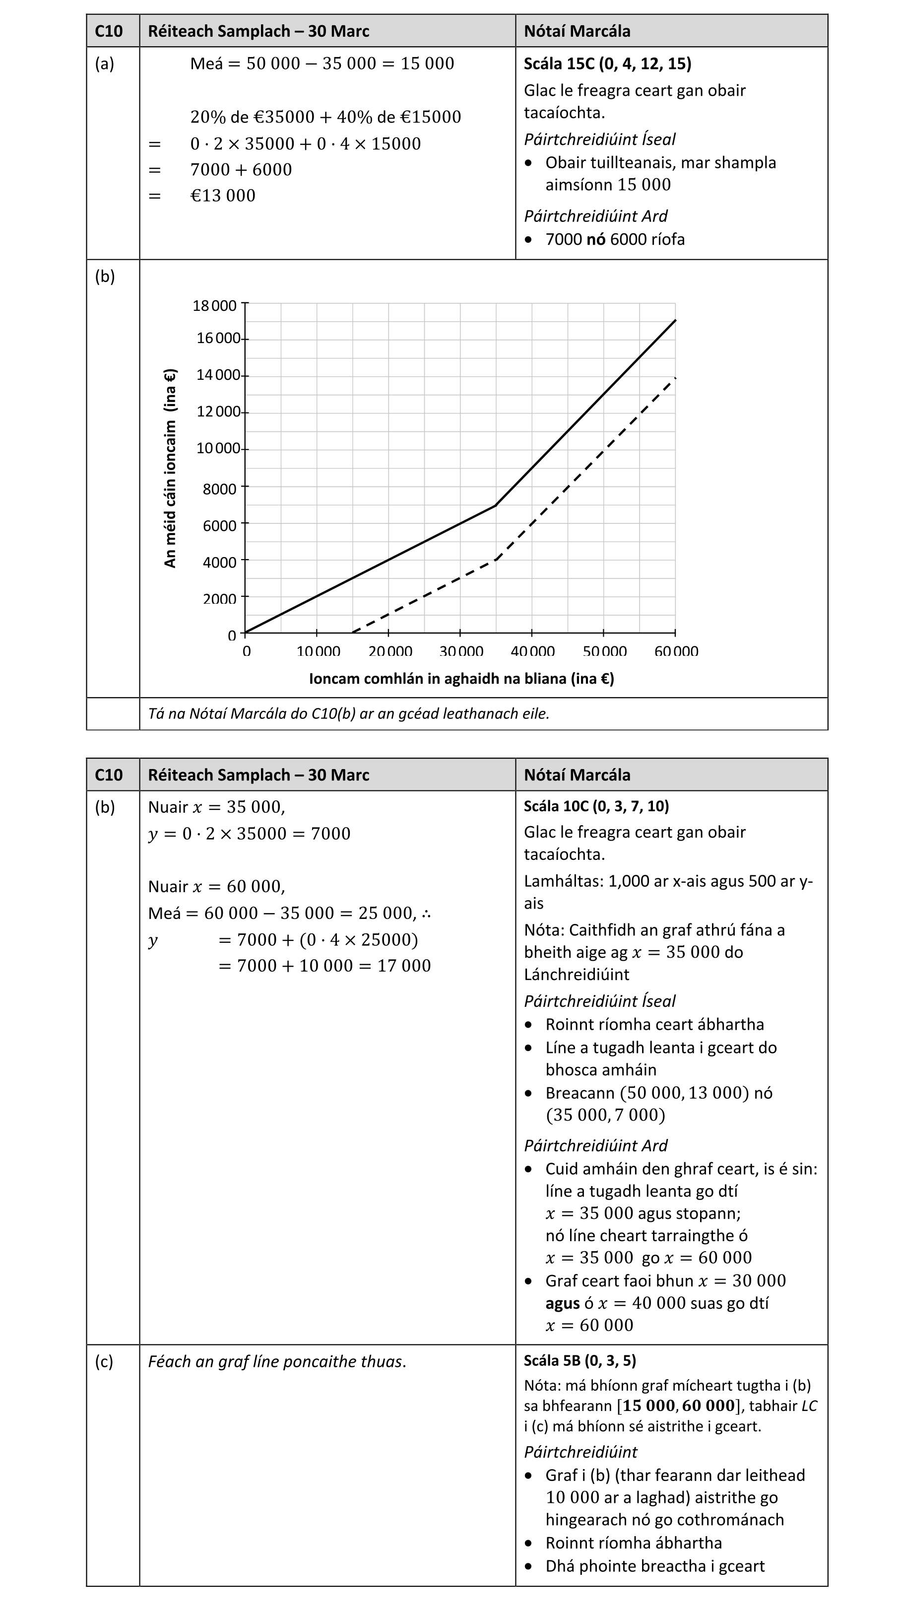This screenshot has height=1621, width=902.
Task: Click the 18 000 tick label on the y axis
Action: pyautogui.click(x=214, y=306)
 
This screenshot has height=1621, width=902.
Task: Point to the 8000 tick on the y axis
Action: pyautogui.click(x=219, y=489)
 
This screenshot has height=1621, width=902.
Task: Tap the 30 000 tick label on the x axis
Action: pyautogui.click(x=461, y=651)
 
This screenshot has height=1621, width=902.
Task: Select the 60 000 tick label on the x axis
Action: pyautogui.click(x=676, y=651)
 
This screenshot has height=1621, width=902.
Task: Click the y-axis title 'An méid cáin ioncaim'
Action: pyautogui.click(x=170, y=468)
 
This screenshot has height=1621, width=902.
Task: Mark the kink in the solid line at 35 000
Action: pyautogui.click(x=496, y=505)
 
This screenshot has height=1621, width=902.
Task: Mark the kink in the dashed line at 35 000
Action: pyautogui.click(x=496, y=559)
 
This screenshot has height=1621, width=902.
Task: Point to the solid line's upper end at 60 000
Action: pyautogui.click(x=675, y=320)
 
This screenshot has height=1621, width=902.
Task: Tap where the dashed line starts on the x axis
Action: pyautogui.click(x=353, y=632)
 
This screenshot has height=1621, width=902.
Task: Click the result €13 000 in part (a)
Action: pyautogui.click(x=223, y=196)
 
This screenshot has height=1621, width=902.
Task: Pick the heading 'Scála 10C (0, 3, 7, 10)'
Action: pyautogui.click(x=596, y=806)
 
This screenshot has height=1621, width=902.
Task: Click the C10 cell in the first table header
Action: pyautogui.click(x=108, y=31)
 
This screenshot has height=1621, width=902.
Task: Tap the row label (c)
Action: pyautogui.click(x=104, y=1361)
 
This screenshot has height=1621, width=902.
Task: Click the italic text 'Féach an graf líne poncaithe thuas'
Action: pyautogui.click(x=277, y=1362)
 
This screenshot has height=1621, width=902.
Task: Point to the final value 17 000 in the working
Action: pyautogui.click(x=404, y=966)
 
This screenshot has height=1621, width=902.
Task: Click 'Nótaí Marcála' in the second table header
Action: pyautogui.click(x=577, y=775)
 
